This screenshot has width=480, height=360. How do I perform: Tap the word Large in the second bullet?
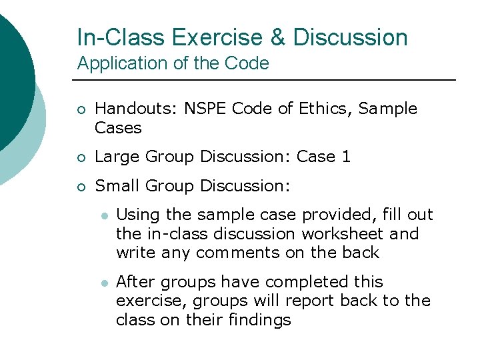pyautogui.click(x=114, y=157)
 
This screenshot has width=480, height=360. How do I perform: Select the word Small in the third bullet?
pyautogui.click(x=114, y=186)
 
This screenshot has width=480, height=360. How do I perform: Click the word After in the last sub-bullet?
pyautogui.click(x=133, y=282)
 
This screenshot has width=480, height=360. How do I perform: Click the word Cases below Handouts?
pyautogui.click(x=118, y=127)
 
